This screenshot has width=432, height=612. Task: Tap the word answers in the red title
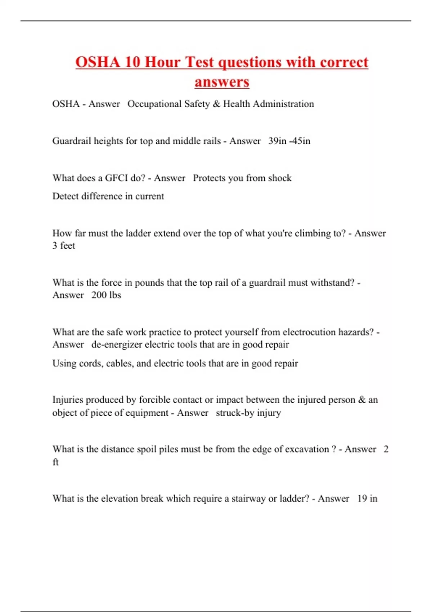(x=222, y=82)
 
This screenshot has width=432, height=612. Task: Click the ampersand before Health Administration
(x=216, y=104)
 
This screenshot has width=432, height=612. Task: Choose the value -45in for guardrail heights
(x=300, y=141)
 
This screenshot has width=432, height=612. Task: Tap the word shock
(x=280, y=178)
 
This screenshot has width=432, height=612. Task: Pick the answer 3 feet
(x=64, y=246)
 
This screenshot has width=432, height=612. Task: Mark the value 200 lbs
(x=106, y=295)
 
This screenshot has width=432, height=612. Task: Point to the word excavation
(x=307, y=449)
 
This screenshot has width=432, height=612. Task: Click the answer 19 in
(x=367, y=499)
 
